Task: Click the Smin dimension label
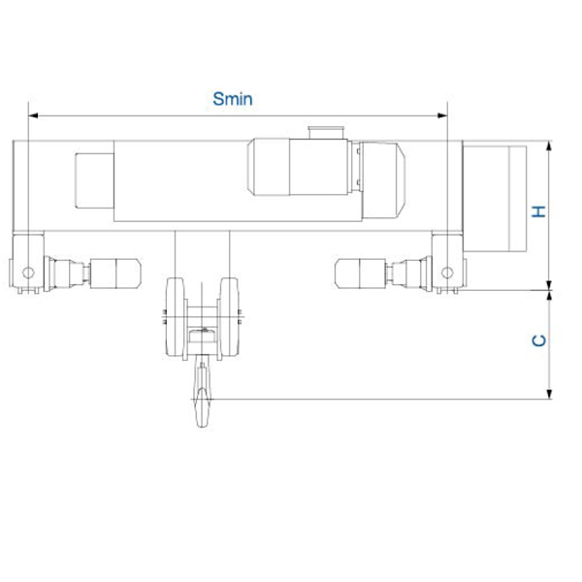tap(233, 99)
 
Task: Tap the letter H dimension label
tap(539, 211)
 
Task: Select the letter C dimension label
tap(539, 340)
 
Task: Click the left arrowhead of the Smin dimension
tap(33, 115)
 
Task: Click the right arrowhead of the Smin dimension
tap(442, 115)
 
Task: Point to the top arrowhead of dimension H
tap(550, 145)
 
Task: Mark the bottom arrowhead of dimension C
tap(550, 394)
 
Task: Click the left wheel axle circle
tap(28, 273)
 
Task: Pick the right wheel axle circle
tap(447, 273)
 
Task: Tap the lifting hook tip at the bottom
tap(203, 426)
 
